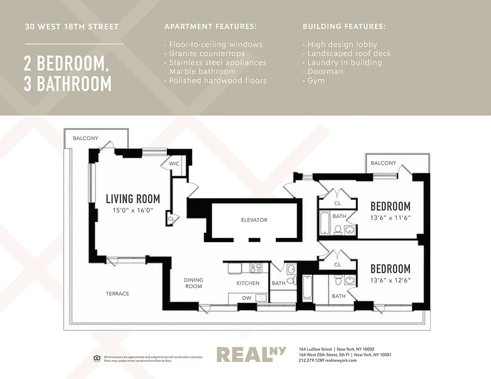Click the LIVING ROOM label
133,199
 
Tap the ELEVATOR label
254,220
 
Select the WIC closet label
174,163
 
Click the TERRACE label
117,294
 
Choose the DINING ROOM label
193,283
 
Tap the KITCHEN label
248,283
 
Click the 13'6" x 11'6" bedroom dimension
390,218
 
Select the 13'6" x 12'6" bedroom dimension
390,280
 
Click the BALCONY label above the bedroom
383,163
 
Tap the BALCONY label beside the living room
86,138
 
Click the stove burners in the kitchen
256,268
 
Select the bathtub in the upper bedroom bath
325,224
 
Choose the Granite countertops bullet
204,54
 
